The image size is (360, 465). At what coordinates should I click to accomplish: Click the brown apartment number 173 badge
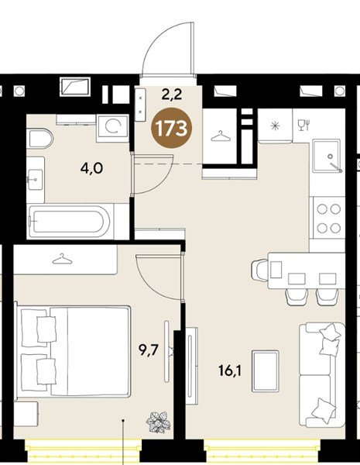tap(172, 129)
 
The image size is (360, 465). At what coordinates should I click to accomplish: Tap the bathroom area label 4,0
tap(91, 169)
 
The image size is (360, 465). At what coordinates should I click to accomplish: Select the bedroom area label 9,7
tap(150, 350)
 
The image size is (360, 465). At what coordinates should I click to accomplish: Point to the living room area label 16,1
tap(231, 370)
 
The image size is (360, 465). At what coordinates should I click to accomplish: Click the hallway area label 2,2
tap(172, 95)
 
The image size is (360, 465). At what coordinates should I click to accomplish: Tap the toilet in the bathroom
tap(40, 139)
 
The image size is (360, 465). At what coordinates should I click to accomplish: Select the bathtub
tap(70, 222)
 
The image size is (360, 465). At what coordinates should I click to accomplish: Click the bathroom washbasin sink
tap(36, 180)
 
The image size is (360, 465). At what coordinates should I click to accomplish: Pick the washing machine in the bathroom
tap(113, 127)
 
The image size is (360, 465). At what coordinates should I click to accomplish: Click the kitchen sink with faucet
tap(327, 156)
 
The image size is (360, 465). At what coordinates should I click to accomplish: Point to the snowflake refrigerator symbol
tap(276, 126)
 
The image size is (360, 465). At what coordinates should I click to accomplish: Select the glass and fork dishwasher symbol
tap(303, 125)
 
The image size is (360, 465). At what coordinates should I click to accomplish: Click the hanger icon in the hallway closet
tap(221, 136)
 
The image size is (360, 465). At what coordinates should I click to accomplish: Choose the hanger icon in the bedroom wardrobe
tap(62, 259)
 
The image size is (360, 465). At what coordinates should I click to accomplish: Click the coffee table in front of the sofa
tap(266, 370)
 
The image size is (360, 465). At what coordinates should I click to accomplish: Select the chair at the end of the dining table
tap(259, 269)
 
